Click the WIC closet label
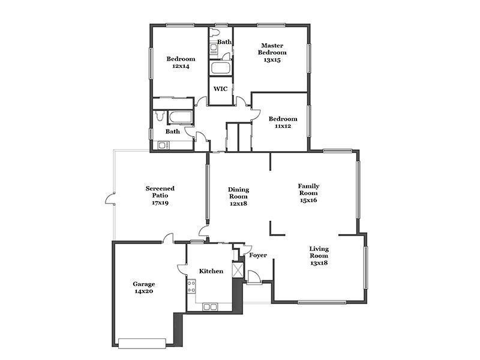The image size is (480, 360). coord(220,89)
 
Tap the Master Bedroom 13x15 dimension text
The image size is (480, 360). coord(272,59)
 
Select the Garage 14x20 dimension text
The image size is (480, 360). coord(144,291)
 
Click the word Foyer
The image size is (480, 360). coord(258,255)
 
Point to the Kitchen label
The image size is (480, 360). coord(211,271)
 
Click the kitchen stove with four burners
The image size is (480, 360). coord(191,287)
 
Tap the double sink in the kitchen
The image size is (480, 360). coord(209,307)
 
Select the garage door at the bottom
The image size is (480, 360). coord(142,343)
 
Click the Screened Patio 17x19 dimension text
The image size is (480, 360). coord(160,203)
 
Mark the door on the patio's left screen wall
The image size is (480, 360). coord(110,199)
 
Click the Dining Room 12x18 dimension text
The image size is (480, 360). coord(238,203)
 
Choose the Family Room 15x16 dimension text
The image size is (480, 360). coord(308,200)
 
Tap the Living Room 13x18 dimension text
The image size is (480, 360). coord(319,263)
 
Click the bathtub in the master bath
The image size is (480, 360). coord(220,68)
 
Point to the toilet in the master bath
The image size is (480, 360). coord(214,32)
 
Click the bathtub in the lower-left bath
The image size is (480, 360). coord(181,117)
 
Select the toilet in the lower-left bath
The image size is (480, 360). coord(160,116)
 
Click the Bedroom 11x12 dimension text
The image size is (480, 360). coord(283,126)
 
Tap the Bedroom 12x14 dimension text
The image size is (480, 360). coord(181,66)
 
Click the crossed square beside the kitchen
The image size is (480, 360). coord(238,270)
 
